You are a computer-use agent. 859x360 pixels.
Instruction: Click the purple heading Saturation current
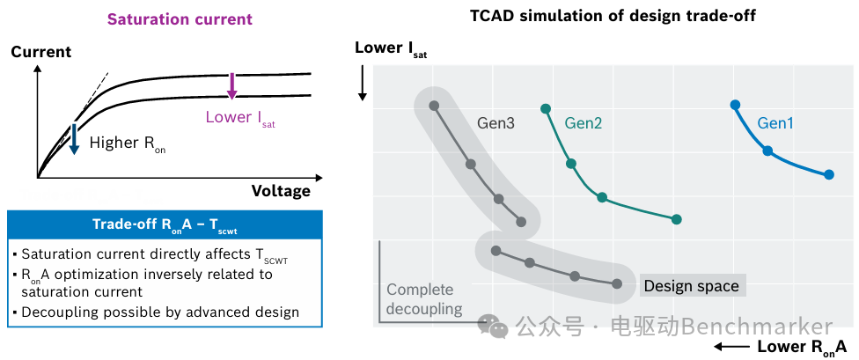coord(180,19)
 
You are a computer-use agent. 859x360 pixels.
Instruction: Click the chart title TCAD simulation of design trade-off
coord(613,15)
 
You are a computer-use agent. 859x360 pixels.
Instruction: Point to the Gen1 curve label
coord(775,123)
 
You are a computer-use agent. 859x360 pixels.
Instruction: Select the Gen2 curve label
coord(584,123)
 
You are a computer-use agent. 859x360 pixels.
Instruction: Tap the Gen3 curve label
coord(496,123)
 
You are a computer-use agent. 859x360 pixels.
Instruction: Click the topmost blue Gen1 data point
coord(735,105)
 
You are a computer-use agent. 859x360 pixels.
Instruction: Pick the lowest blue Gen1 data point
coord(829,175)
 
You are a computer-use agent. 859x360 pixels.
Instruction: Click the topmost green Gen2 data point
coord(546,108)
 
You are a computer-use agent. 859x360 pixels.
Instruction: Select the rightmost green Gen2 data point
coord(677,220)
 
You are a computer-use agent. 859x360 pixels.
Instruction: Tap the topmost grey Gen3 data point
coord(434,106)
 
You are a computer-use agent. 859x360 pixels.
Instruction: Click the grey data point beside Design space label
coord(617,283)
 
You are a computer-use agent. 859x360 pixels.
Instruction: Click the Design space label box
coord(693,285)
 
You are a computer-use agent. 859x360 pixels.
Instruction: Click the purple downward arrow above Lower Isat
coord(231,85)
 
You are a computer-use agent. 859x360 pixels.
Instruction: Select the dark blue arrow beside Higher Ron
coord(73,138)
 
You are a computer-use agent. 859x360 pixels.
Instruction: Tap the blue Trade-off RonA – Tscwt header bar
coord(165,224)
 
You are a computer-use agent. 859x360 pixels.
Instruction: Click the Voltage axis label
coord(281,191)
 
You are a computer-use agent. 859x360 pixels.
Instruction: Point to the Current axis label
coord(41,52)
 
